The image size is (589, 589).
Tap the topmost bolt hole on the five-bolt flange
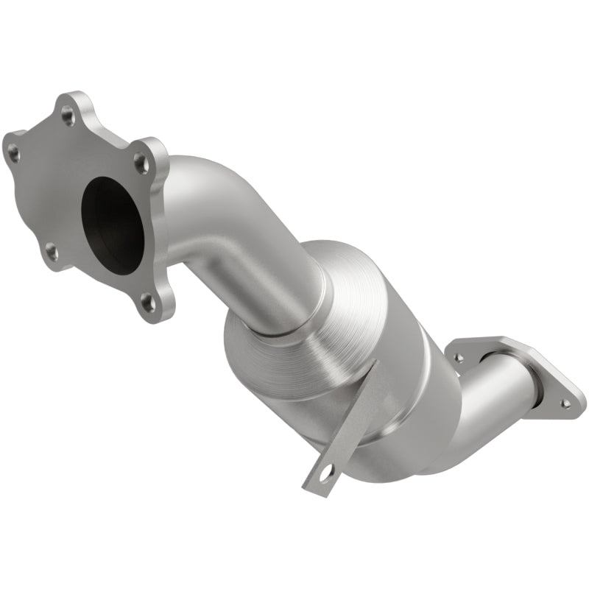click(68, 114)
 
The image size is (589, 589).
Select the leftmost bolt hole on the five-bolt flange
click(13, 153)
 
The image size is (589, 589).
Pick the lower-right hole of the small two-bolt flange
click(565, 403)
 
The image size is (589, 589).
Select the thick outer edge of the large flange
click(166, 221)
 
